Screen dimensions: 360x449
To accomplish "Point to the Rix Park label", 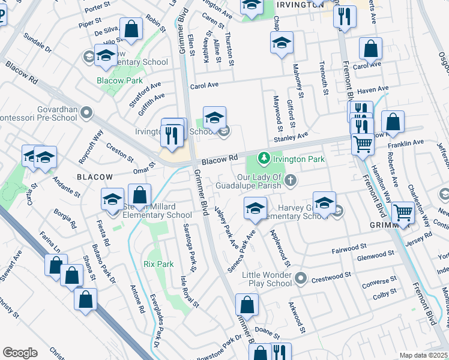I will [x=158, y=264].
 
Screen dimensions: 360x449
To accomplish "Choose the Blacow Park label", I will [x=119, y=80].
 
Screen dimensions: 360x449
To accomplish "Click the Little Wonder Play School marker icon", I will [x=301, y=278].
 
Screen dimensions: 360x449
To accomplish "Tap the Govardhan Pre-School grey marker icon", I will [x=88, y=112].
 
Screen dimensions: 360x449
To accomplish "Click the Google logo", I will [x=20, y=353].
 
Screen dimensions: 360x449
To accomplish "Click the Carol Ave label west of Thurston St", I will [x=204, y=86].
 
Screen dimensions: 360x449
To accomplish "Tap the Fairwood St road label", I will [x=349, y=247].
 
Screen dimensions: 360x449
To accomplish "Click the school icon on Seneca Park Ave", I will [x=255, y=209].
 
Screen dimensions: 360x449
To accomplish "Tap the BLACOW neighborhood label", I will [x=95, y=177].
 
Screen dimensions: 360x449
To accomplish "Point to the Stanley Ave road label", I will [x=291, y=138].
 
